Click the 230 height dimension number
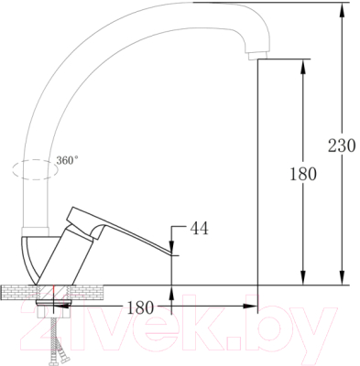pyautogui.click(x=342, y=145)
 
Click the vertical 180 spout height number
pyautogui.click(x=303, y=174)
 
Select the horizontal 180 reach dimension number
pyautogui.click(x=140, y=307)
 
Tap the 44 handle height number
pyautogui.click(x=200, y=228)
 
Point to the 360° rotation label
pyautogui.click(x=67, y=160)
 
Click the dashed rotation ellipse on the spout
pyautogui.click(x=35, y=169)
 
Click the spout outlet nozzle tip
pyautogui.click(x=257, y=56)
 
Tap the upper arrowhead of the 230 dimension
pyautogui.click(x=343, y=10)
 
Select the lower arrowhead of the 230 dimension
pyautogui.click(x=343, y=277)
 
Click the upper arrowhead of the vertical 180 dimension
pyautogui.click(x=303, y=67)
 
